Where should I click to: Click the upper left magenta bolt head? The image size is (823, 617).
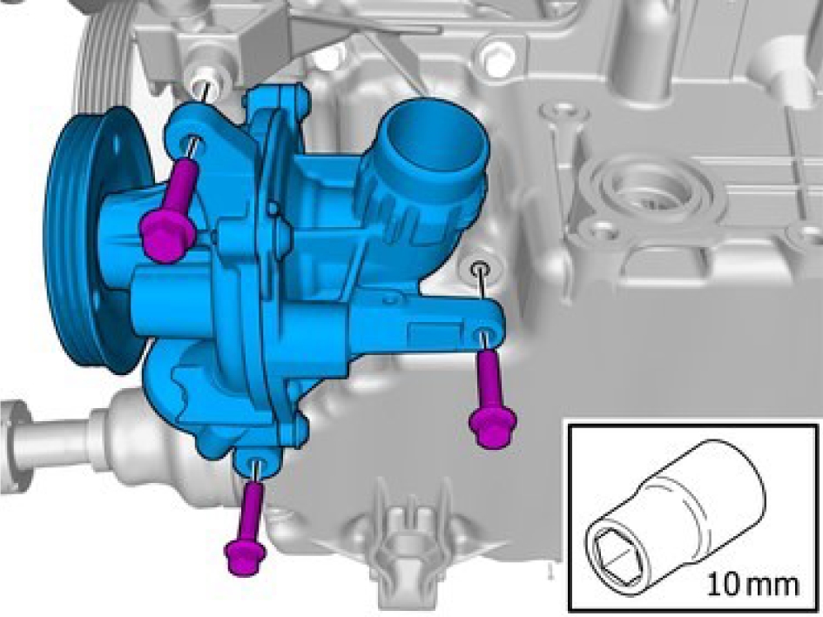[168, 235]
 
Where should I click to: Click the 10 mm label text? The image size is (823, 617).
[752, 584]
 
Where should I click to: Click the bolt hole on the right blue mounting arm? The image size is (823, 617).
[484, 335]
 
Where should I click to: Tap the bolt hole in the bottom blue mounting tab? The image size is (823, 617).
[256, 464]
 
